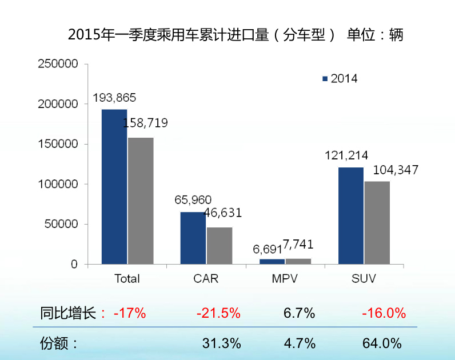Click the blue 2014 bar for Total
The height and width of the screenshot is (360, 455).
[x=114, y=187]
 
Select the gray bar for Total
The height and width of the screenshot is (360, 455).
[x=141, y=201]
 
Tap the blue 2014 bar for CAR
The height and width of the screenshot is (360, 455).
[x=193, y=238]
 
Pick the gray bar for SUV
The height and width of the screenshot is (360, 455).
[x=377, y=223]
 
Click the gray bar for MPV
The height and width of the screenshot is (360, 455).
[x=298, y=262]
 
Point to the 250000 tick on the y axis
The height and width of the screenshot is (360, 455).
[x=57, y=64]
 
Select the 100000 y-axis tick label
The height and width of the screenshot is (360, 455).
[x=57, y=184]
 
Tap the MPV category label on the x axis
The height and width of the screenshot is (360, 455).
[x=284, y=279]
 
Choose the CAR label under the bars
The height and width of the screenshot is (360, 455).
[x=205, y=279]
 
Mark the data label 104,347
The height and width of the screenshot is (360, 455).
[x=396, y=170]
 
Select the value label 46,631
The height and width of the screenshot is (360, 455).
[x=219, y=213]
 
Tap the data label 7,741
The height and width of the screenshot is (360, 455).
[x=298, y=245]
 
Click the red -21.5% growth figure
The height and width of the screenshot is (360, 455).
[x=218, y=313]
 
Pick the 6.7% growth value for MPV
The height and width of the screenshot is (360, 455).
[x=299, y=313]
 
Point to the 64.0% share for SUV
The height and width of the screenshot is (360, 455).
[x=382, y=343]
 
